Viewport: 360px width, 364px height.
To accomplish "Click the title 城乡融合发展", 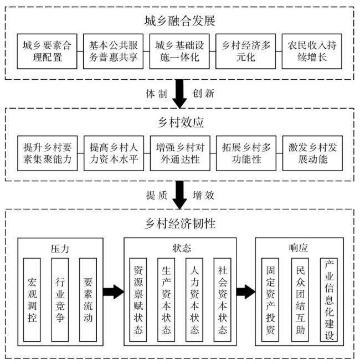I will point(179,21).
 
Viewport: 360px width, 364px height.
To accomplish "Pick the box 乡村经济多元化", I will point(246,52).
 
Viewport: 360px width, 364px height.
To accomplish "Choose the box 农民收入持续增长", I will point(312,52).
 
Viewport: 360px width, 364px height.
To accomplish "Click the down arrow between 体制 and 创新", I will point(179,94).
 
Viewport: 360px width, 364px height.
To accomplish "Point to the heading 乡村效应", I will point(179,119).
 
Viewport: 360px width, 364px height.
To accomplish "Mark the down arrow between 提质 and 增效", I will point(179,195).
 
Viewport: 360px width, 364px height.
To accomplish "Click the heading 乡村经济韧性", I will point(179,224).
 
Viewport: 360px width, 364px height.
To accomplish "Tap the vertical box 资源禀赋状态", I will point(138,300).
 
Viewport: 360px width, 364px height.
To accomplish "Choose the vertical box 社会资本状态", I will point(223,300).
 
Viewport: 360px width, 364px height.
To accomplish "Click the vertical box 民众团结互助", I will point(301,300).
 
